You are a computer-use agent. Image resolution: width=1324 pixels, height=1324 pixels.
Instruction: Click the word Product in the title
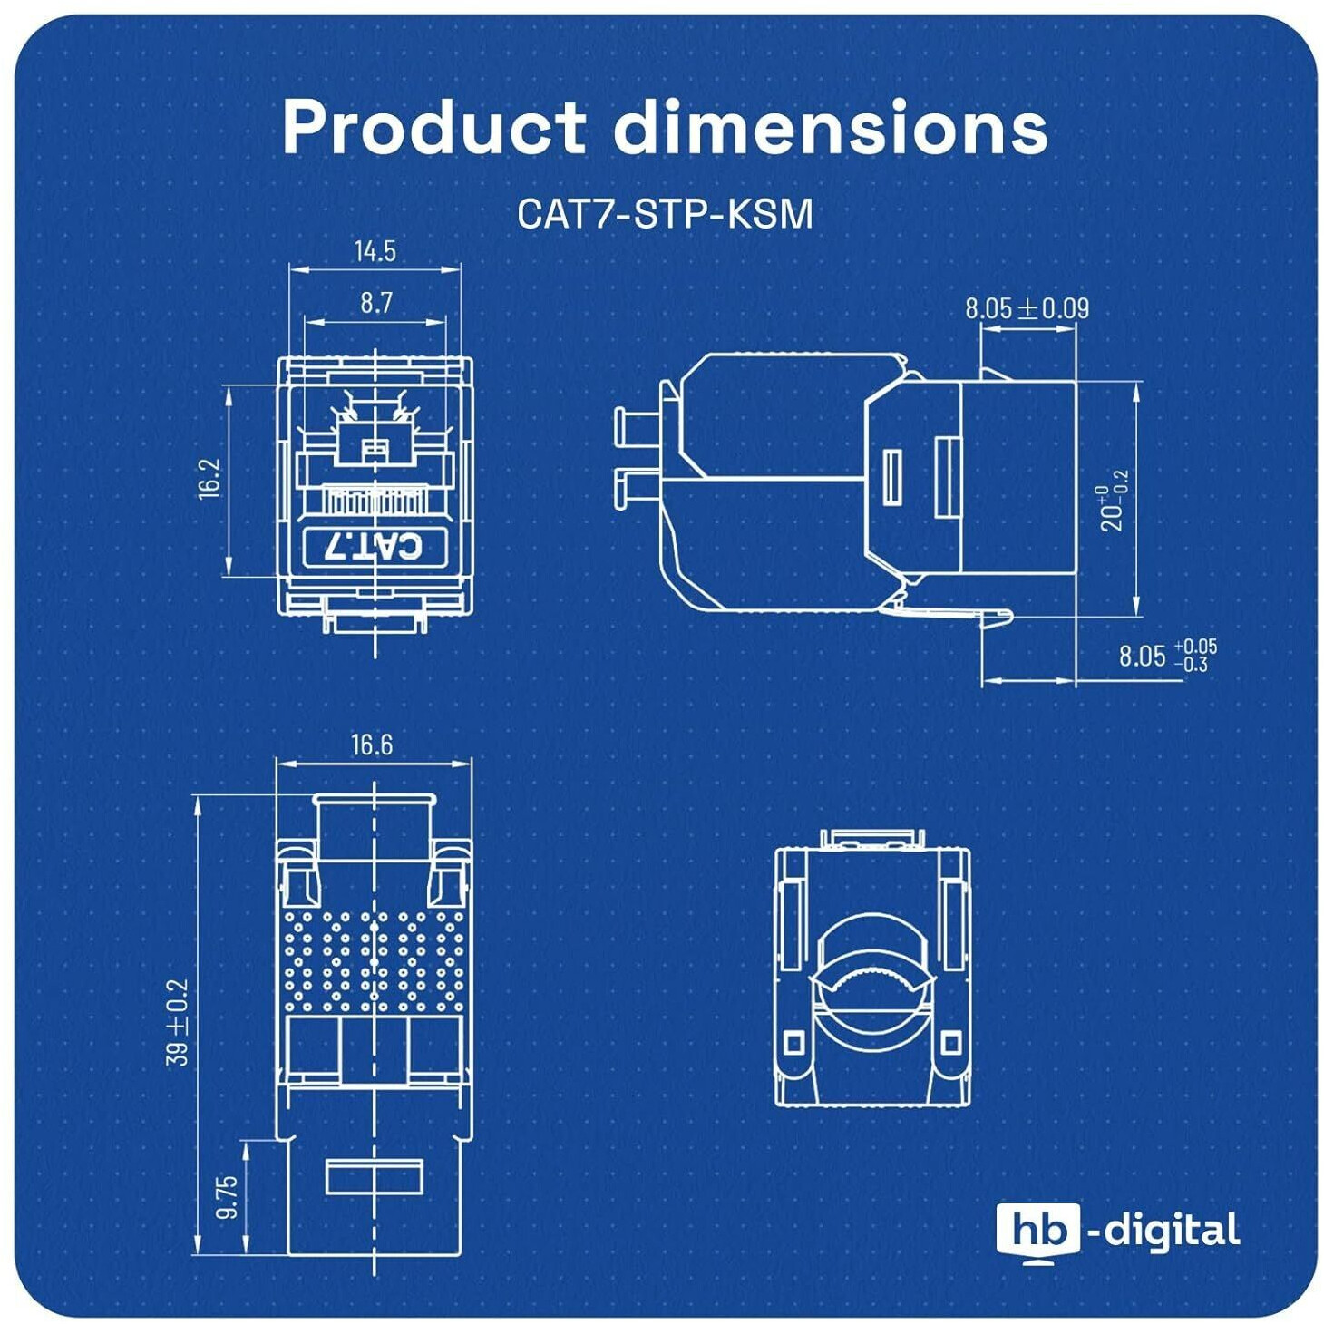tap(434, 126)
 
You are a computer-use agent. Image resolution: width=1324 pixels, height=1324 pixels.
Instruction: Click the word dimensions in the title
tap(830, 126)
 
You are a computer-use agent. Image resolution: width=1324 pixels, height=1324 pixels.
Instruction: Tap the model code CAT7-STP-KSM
tap(665, 214)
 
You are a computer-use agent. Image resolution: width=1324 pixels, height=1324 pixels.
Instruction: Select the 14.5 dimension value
tap(375, 251)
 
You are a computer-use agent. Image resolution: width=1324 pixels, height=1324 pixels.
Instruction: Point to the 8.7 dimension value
tap(376, 302)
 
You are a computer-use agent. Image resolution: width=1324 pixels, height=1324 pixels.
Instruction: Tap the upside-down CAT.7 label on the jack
tap(375, 549)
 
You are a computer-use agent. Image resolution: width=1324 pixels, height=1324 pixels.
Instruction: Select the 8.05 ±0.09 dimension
tap(1027, 308)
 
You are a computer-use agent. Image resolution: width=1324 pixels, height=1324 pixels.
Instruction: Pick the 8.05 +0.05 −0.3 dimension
tap(1167, 656)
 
